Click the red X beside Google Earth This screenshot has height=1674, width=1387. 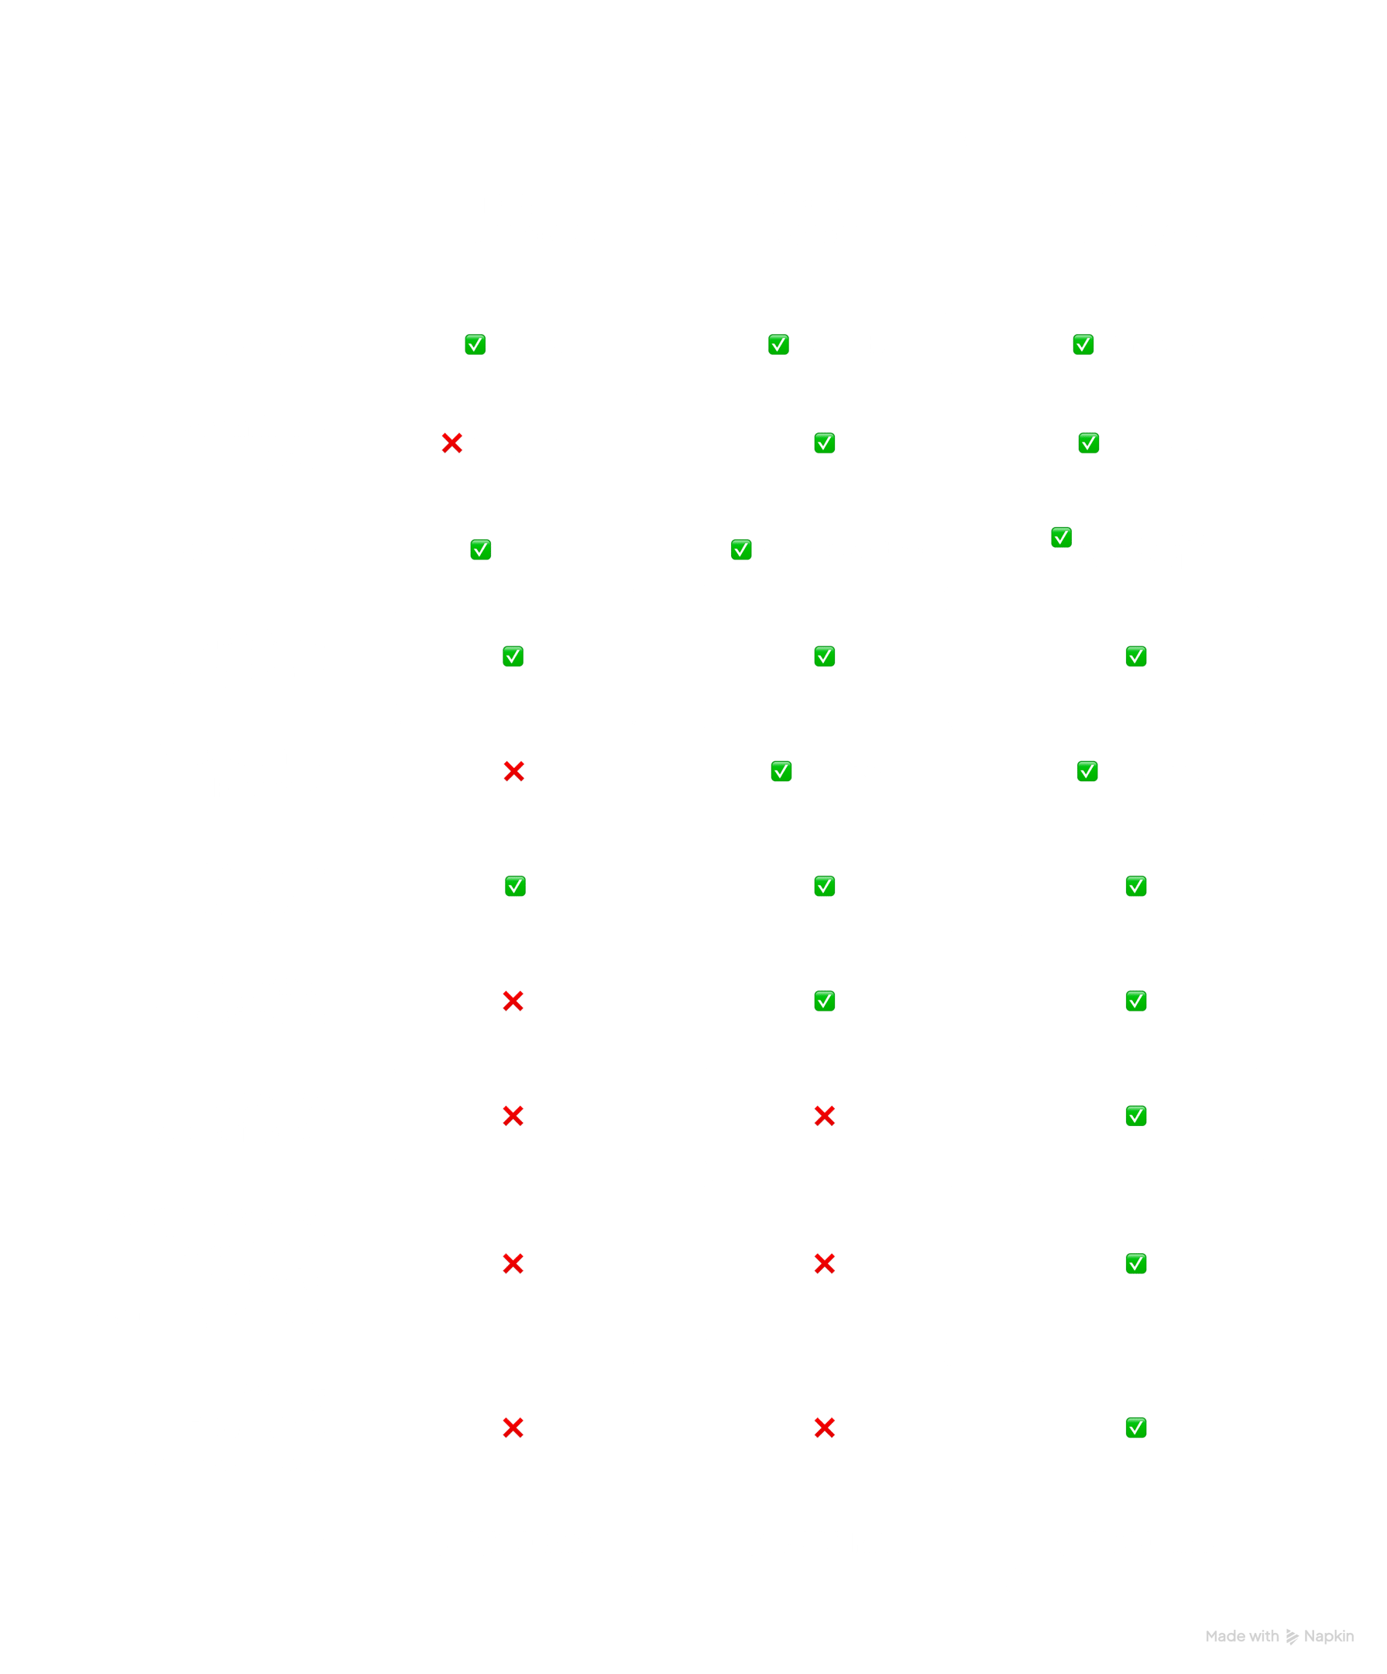coord(451,443)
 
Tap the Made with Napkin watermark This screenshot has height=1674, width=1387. coord(1279,1637)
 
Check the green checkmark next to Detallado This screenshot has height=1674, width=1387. coord(778,345)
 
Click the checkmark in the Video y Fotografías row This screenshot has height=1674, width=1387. coord(1136,1428)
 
